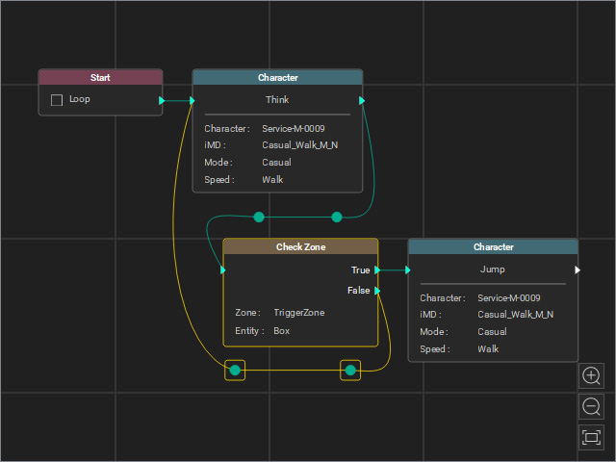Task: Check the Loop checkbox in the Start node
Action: click(x=57, y=100)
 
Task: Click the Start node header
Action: click(x=100, y=77)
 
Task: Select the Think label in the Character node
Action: click(x=277, y=100)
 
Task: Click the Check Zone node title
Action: click(x=300, y=246)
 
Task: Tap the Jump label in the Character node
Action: click(x=492, y=269)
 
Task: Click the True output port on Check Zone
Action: click(x=377, y=269)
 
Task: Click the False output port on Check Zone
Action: click(x=377, y=291)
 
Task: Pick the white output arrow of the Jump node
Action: click(x=577, y=269)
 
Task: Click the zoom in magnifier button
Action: click(x=591, y=376)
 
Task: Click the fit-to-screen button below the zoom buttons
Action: click(x=591, y=437)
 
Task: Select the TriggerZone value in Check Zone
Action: click(x=299, y=313)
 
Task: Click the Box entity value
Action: click(x=282, y=331)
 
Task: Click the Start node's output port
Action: click(x=162, y=100)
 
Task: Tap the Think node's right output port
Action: click(x=362, y=100)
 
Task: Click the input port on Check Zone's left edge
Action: click(x=223, y=269)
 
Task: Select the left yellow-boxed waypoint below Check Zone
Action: click(x=235, y=370)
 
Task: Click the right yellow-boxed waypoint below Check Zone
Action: click(x=350, y=370)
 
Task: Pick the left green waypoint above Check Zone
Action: click(x=259, y=217)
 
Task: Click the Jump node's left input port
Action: click(x=408, y=269)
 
